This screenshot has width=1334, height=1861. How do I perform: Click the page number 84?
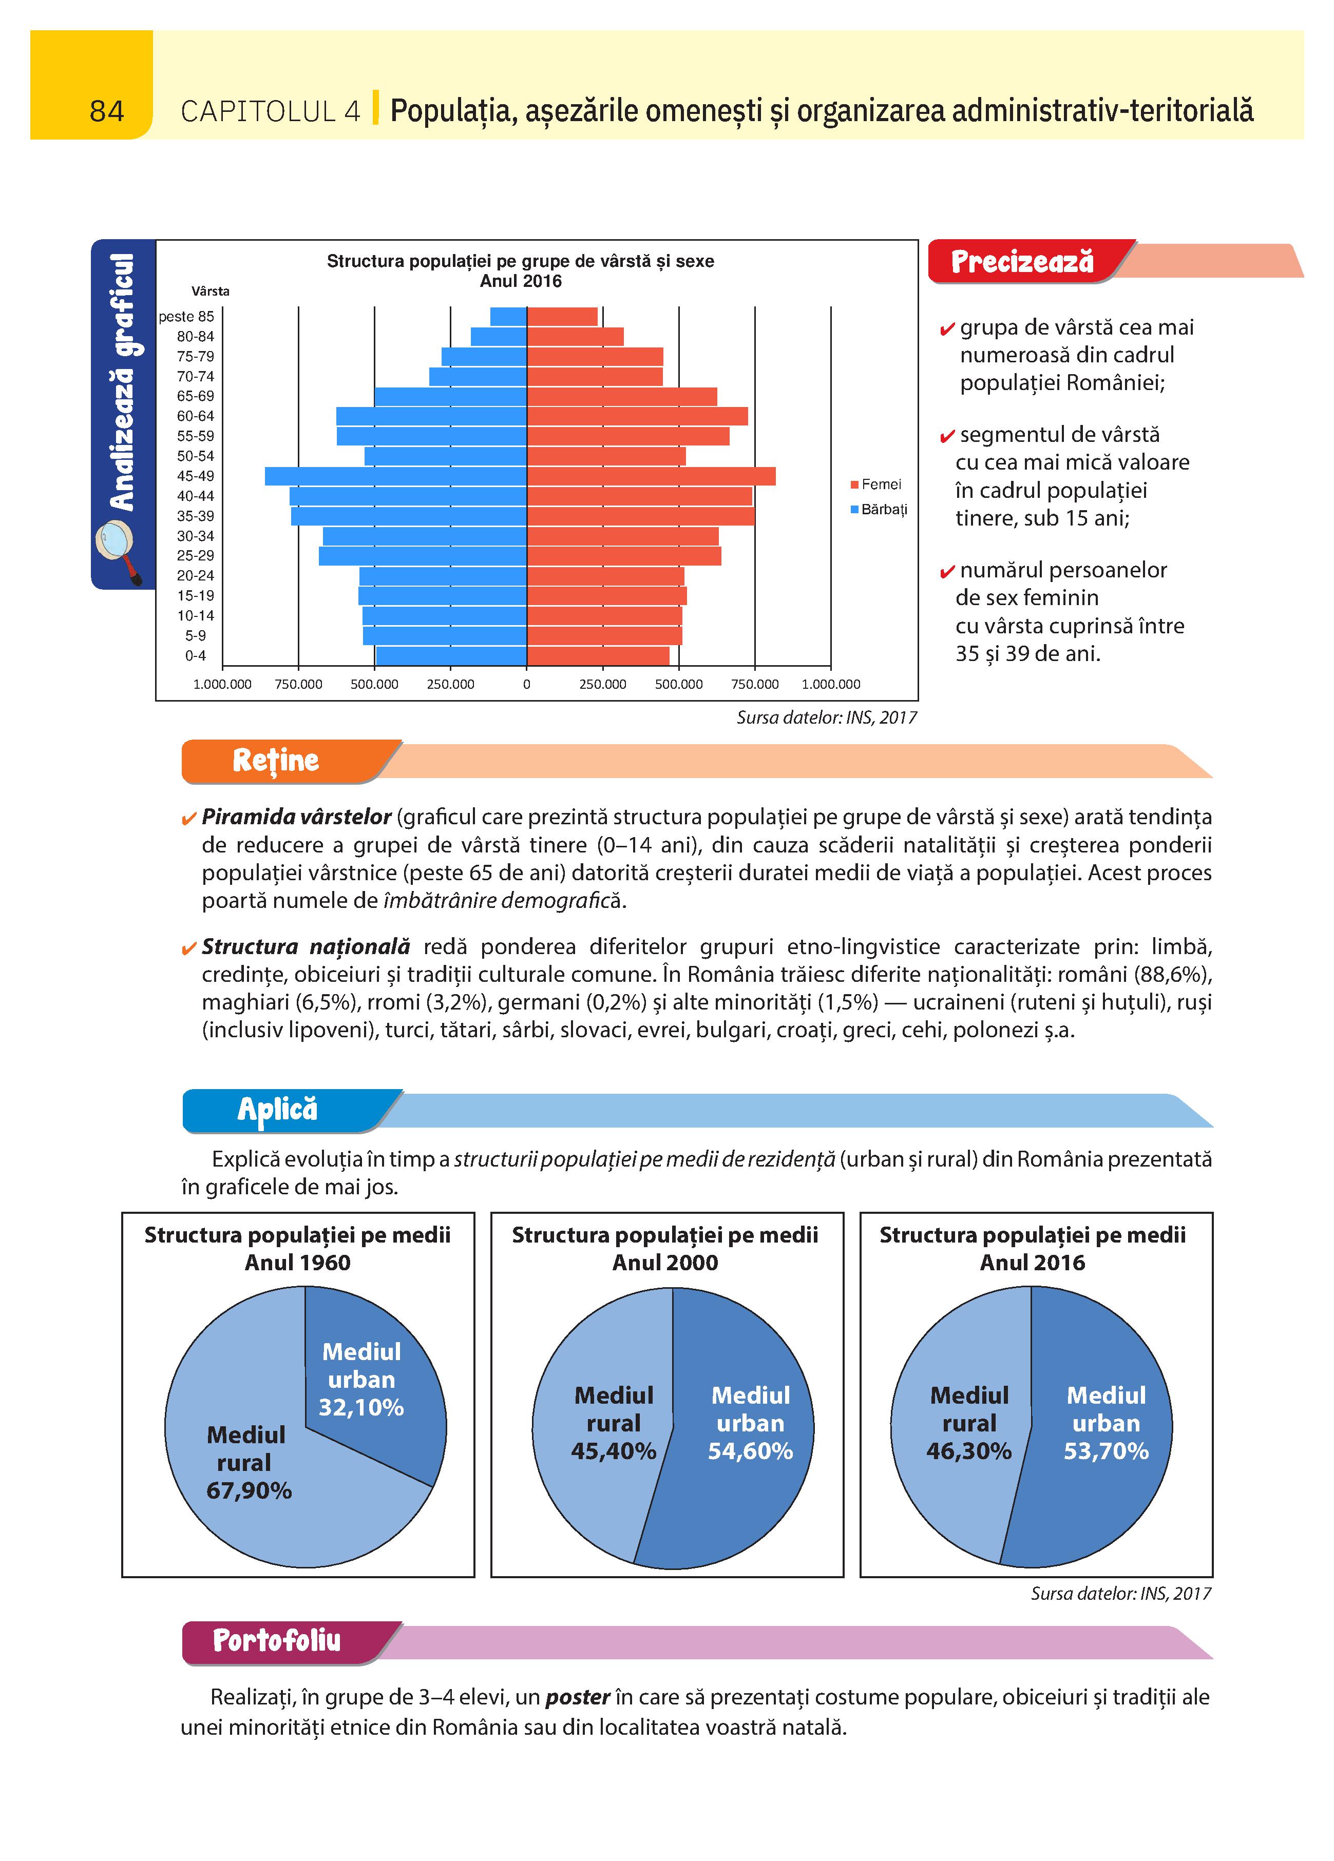(x=107, y=111)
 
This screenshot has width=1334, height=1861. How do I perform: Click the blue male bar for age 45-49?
(x=396, y=476)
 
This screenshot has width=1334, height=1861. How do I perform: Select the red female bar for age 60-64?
(x=637, y=416)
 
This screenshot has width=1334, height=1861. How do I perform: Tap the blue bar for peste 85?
(x=508, y=317)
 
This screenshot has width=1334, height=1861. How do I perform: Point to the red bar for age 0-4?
(x=598, y=655)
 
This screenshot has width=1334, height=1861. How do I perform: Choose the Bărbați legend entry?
(x=879, y=510)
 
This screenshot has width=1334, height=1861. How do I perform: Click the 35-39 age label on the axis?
(x=196, y=516)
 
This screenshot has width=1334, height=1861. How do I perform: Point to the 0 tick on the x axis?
(x=526, y=684)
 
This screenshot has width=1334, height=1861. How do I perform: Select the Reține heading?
(x=275, y=761)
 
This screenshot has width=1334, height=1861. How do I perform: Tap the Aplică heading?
(x=277, y=1110)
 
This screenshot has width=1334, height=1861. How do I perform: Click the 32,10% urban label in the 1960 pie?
(x=361, y=1408)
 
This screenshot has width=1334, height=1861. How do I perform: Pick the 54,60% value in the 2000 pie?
(x=750, y=1451)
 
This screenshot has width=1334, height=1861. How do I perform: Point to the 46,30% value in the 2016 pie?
(x=969, y=1451)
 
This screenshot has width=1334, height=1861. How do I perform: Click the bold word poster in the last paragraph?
(x=578, y=1697)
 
